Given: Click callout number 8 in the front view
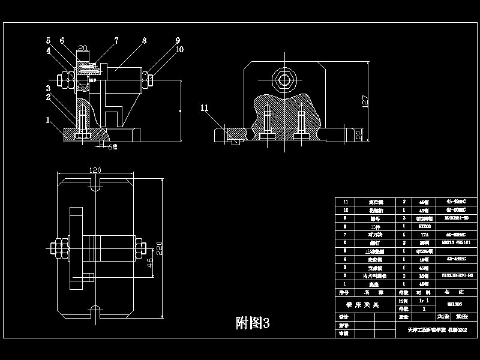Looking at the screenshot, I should pos(144,41).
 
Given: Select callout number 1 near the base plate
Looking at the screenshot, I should pos(47,120).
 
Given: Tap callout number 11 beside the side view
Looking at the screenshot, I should pos(205,108).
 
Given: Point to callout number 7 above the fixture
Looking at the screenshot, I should pos(116,41).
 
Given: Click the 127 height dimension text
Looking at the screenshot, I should pos(365,101).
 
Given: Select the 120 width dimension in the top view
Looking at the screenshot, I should pos(94,170).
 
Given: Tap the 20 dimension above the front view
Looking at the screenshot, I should pos(83,47).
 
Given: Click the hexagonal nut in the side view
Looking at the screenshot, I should pos(282,79).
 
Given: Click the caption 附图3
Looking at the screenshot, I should pos(252,323).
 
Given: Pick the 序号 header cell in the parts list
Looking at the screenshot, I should pos(344,292).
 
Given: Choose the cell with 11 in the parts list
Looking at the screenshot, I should pos(344,202).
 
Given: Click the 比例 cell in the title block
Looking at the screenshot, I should pos(403,299).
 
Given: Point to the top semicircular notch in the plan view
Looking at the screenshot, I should pos(94,187).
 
